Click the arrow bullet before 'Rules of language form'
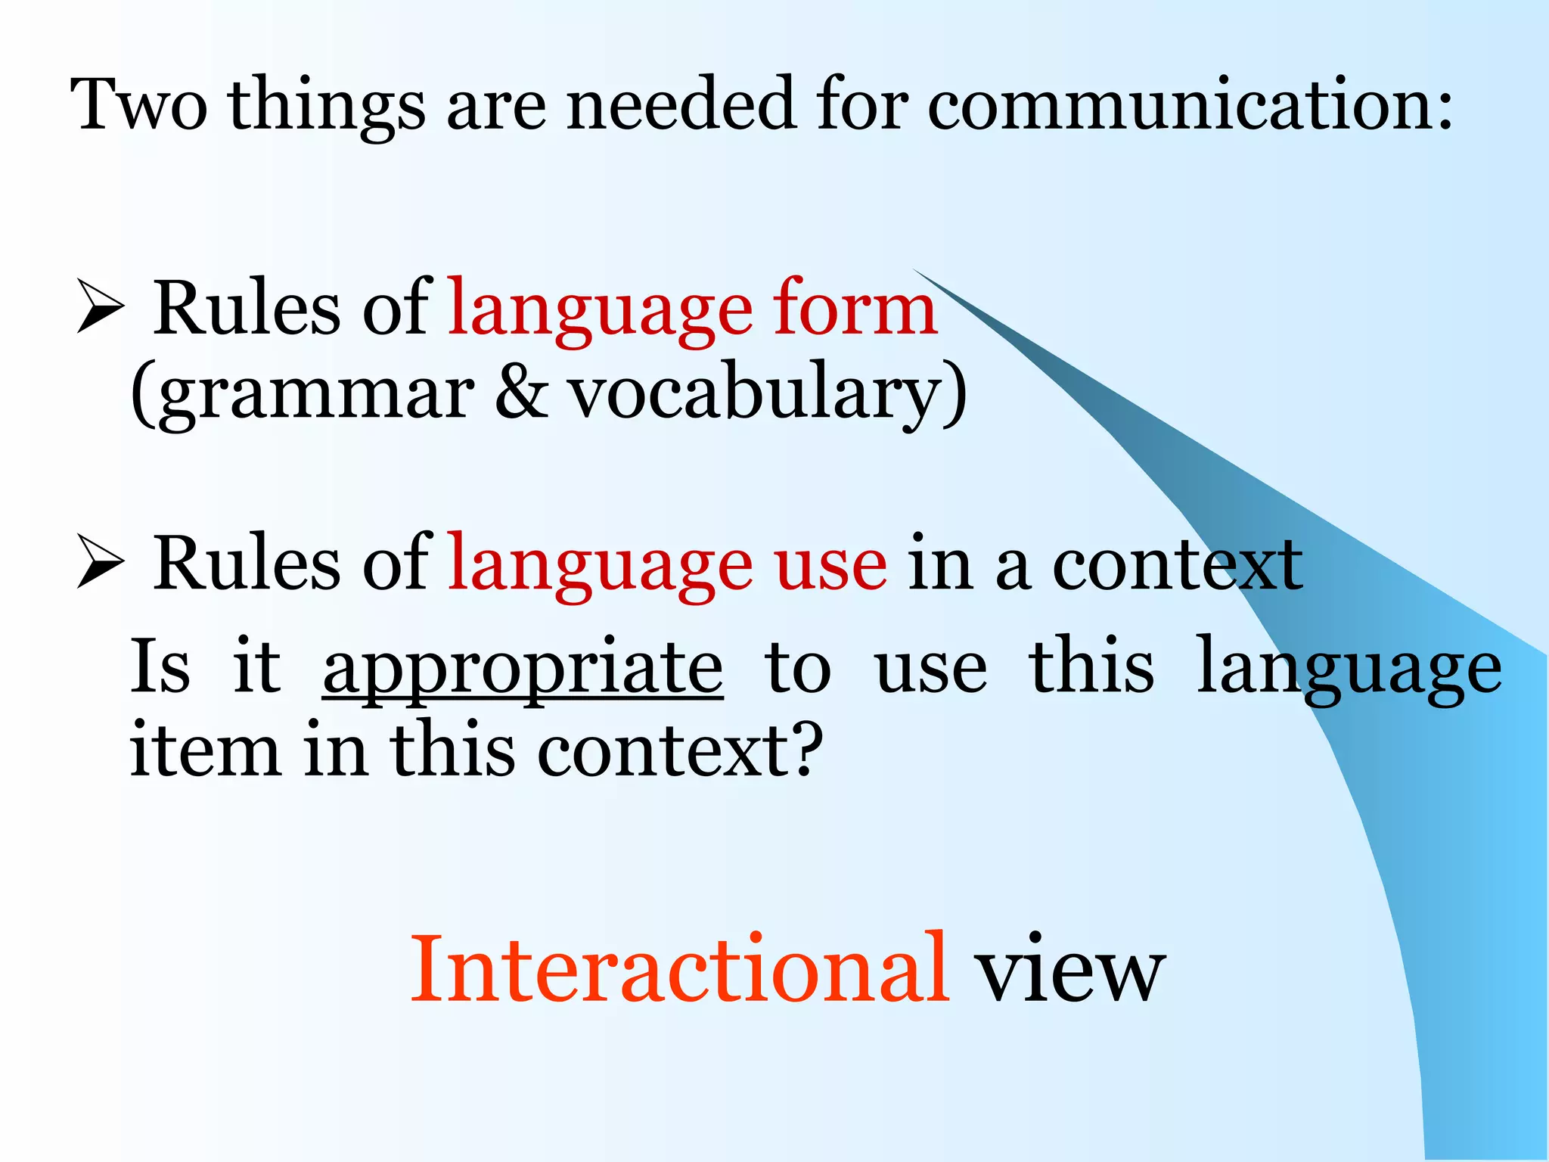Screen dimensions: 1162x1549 (101, 306)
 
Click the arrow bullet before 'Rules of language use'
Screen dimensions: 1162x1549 (101, 562)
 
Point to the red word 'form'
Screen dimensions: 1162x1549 (855, 309)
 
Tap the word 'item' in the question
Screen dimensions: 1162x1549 (204, 750)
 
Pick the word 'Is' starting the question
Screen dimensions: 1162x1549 (160, 666)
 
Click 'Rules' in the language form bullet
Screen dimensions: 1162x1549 (247, 309)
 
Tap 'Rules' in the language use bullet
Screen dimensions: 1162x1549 (247, 564)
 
